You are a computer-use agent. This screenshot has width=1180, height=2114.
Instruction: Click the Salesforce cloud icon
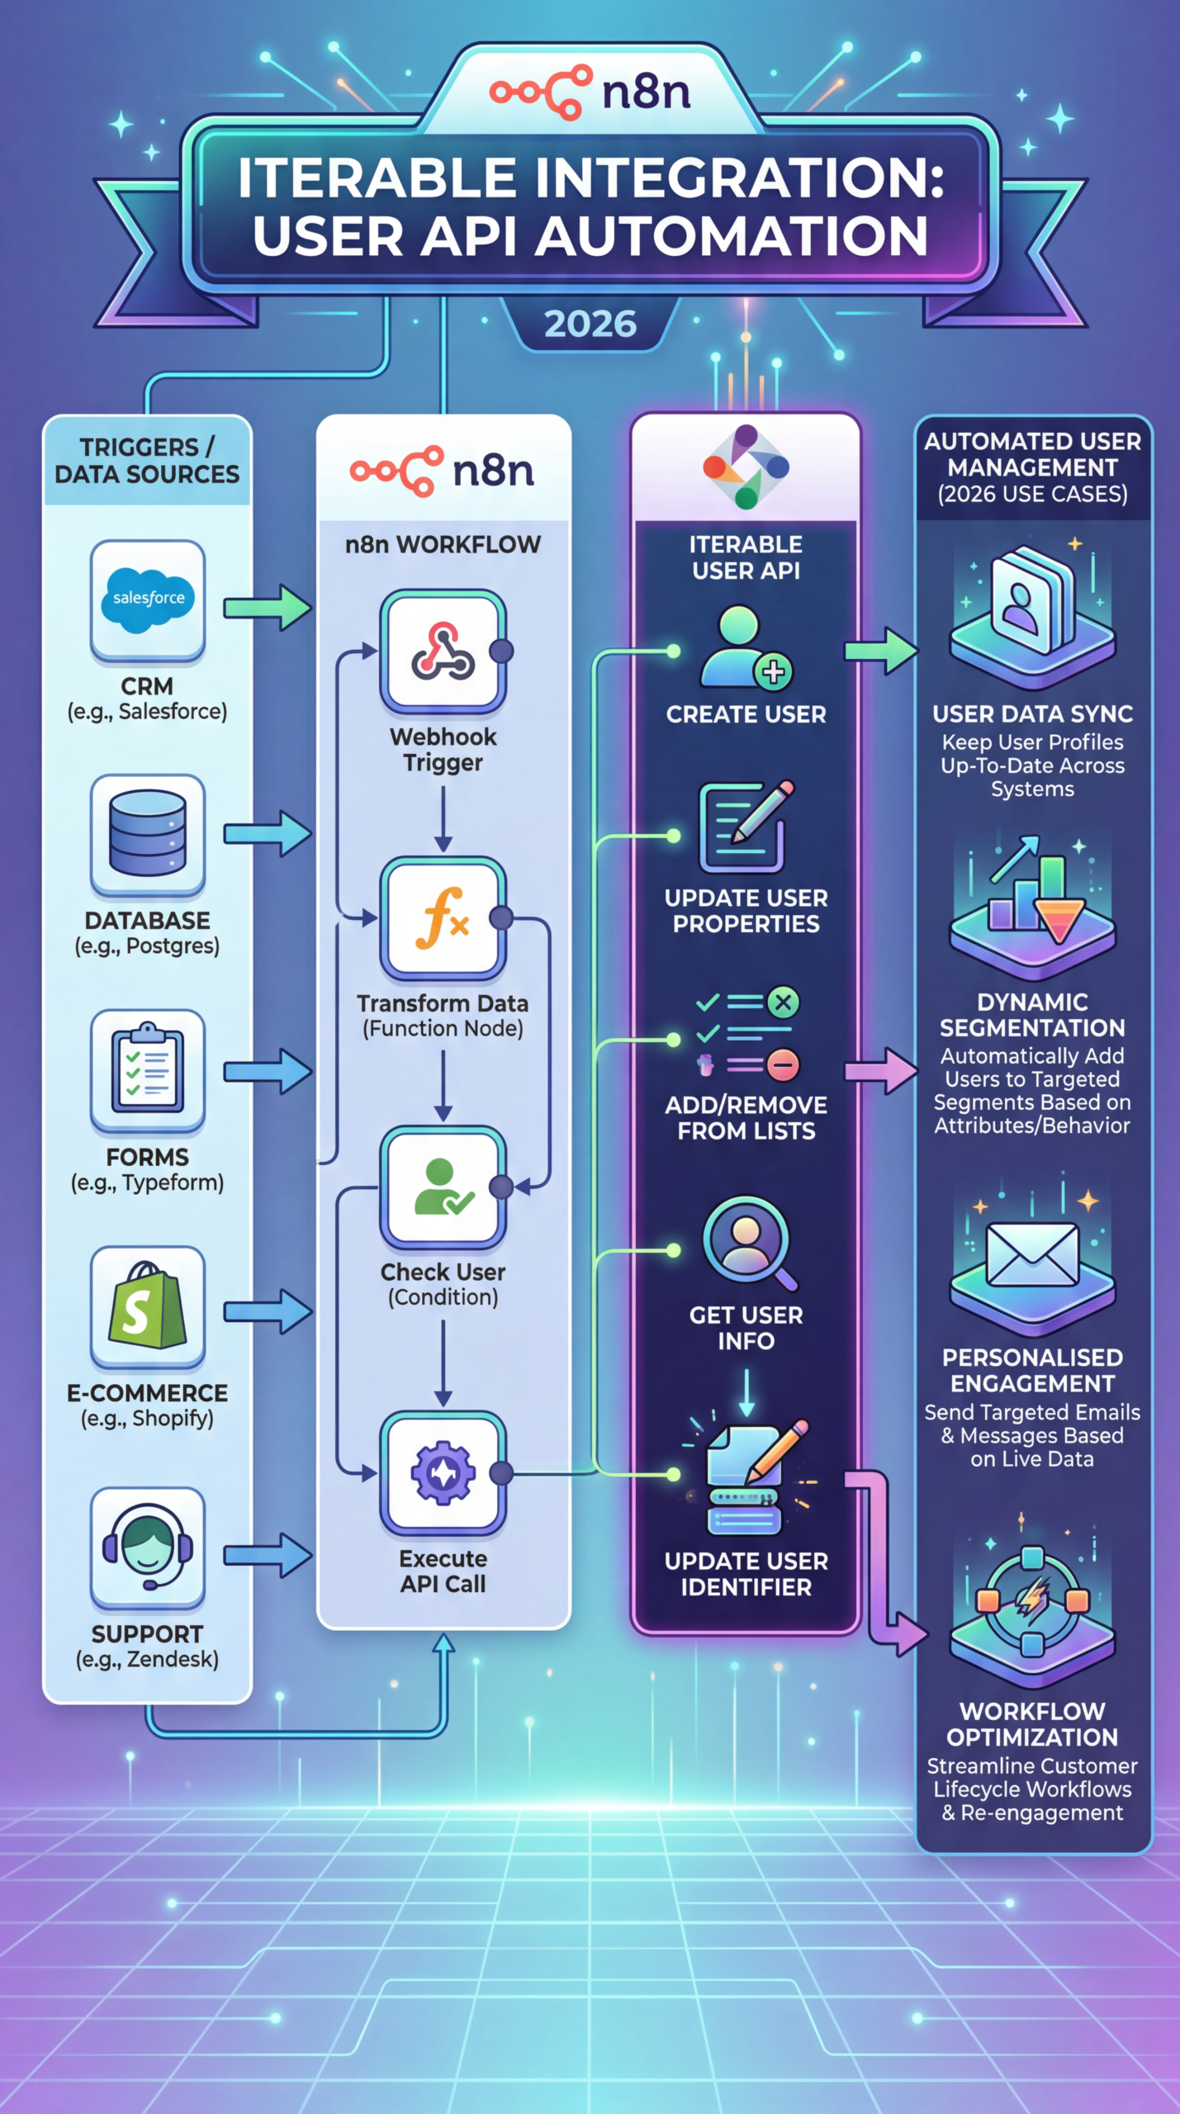point(148,599)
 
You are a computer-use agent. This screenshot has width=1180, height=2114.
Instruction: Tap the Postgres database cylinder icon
point(148,832)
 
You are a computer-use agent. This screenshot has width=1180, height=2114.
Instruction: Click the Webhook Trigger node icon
point(443,651)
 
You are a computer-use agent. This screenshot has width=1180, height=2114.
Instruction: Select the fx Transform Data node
point(443,918)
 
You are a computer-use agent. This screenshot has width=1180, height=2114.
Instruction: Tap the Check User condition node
point(443,1187)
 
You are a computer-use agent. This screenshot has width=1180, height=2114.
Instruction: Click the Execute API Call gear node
point(443,1472)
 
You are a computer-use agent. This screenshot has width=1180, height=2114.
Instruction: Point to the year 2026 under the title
point(590,324)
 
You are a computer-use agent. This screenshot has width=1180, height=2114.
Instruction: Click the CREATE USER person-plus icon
point(746,648)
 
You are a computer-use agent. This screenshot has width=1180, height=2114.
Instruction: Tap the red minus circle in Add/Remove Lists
point(783,1064)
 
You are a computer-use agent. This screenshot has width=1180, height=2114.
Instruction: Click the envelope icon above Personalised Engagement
point(1032,1254)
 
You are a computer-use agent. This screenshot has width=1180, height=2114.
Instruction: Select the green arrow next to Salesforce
point(268,609)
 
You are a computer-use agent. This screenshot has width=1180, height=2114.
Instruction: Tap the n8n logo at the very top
point(590,91)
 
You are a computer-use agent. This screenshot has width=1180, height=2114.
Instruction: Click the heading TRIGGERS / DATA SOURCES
point(147,461)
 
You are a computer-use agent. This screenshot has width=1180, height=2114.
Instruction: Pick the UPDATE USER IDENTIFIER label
point(746,1574)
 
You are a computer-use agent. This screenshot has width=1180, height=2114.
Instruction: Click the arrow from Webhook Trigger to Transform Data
point(443,818)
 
